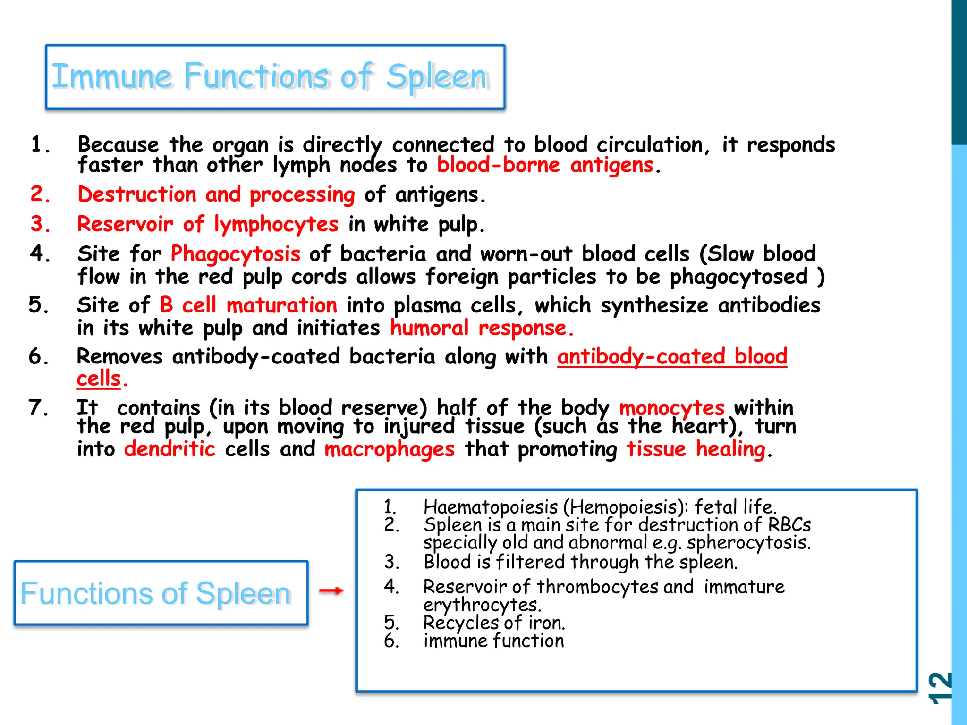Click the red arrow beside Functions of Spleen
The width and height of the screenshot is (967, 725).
tap(331, 590)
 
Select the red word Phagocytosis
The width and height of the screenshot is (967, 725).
tap(235, 254)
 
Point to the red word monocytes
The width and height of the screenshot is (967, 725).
tap(671, 408)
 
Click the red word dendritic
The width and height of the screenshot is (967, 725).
tap(170, 449)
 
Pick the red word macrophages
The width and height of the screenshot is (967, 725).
tap(390, 449)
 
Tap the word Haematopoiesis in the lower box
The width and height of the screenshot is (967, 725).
tap(491, 507)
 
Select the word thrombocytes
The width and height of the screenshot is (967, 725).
tap(597, 587)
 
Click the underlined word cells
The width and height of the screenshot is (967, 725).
tap(99, 379)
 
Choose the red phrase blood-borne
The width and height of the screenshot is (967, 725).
tap(498, 165)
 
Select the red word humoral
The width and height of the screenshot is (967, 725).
tap(429, 328)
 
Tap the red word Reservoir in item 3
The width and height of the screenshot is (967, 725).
tap(125, 224)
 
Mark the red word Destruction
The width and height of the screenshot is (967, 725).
tap(136, 194)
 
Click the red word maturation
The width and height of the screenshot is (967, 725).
tap(282, 305)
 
